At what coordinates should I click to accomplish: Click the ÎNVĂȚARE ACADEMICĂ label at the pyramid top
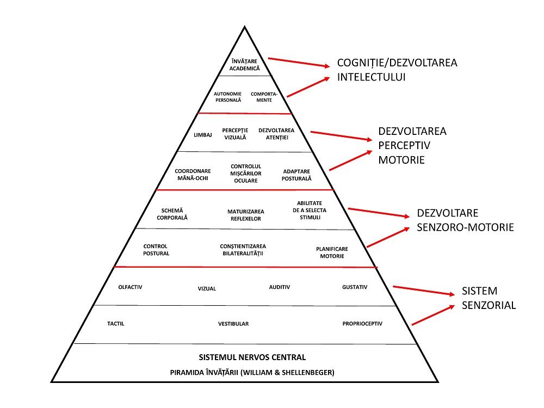pyautogui.click(x=244, y=65)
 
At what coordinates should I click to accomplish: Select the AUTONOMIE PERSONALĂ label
pyautogui.click(x=227, y=97)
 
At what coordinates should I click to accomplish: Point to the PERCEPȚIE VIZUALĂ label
pyautogui.click(x=235, y=134)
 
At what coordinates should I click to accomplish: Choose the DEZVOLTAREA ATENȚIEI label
pyautogui.click(x=276, y=134)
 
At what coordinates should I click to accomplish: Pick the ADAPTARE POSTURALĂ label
pyautogui.click(x=297, y=174)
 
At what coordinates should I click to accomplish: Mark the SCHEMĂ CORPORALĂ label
pyautogui.click(x=175, y=214)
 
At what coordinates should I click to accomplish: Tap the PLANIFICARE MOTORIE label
pyautogui.click(x=332, y=252)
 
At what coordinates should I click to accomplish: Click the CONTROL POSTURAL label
pyautogui.click(x=156, y=250)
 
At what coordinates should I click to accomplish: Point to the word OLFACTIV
pyautogui.click(x=130, y=287)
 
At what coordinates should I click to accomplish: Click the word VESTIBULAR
pyautogui.click(x=233, y=324)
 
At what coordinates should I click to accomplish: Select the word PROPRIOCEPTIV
pyautogui.click(x=362, y=324)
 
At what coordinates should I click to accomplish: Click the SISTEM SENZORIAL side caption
pyautogui.click(x=489, y=298)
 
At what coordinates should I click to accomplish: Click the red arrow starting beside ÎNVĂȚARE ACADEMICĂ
pyautogui.click(x=299, y=63)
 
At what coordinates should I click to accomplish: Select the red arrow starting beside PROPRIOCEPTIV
pyautogui.click(x=434, y=315)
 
